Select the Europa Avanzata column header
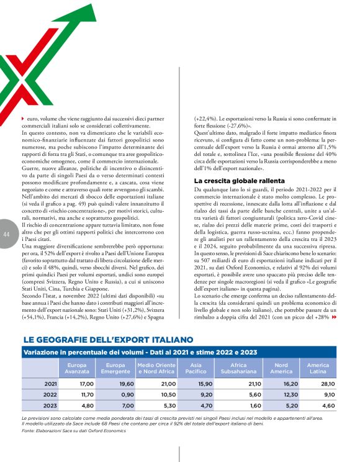click(78, 368)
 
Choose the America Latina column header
click(318, 368)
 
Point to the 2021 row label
click(52, 384)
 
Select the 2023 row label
click(52, 407)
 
